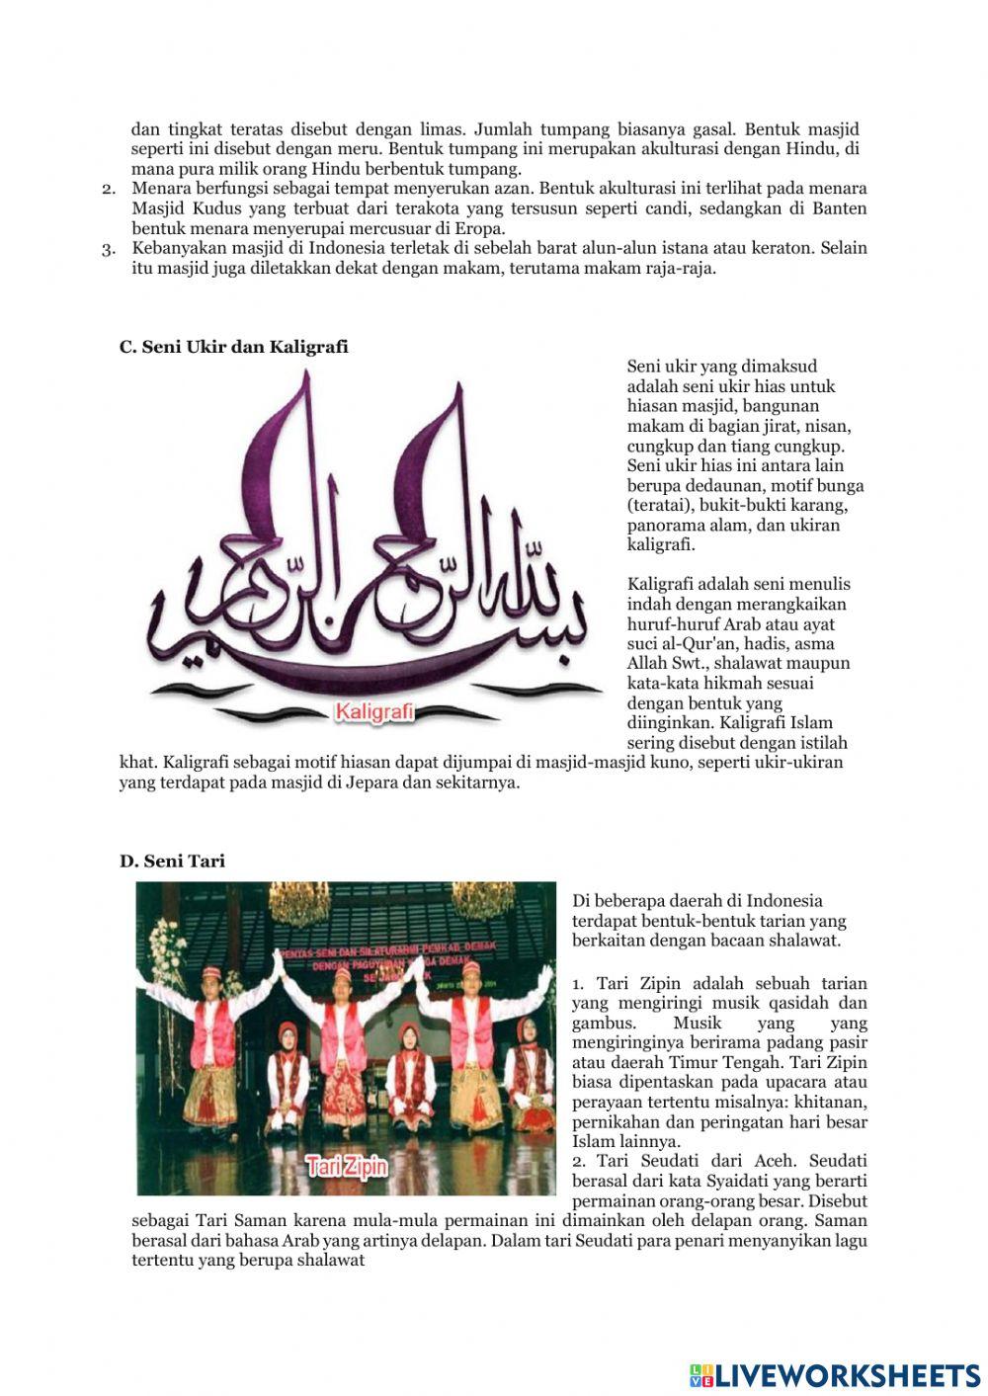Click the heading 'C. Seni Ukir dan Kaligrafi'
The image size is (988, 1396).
pos(233,347)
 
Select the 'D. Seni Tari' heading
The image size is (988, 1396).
pos(172,861)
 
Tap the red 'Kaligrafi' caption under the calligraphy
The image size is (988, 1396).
pos(374,711)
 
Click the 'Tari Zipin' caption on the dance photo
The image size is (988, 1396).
pos(347,1166)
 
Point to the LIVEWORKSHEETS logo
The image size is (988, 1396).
pos(835,1374)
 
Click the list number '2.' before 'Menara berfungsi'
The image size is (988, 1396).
pos(110,189)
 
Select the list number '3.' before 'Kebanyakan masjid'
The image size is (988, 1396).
pos(110,248)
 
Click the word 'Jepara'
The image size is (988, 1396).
pos(375,782)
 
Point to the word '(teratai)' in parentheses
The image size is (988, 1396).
pos(660,505)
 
